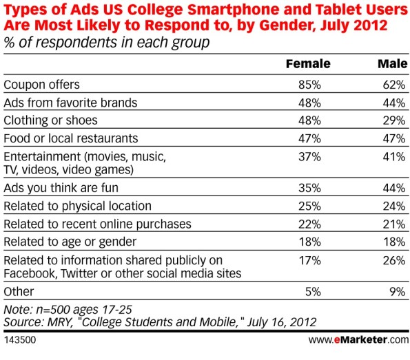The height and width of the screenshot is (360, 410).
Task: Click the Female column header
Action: pyautogui.click(x=308, y=64)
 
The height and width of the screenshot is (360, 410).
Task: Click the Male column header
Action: pyautogui.click(x=393, y=64)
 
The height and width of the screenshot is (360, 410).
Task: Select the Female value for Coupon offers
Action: pyautogui.click(x=309, y=85)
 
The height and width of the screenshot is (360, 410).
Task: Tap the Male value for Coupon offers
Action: pyautogui.click(x=394, y=85)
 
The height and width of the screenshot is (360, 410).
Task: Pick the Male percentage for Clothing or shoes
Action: pyautogui.click(x=394, y=120)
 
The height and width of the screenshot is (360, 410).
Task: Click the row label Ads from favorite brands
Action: pyautogui.click(x=70, y=103)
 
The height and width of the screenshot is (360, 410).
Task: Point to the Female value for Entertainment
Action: pyautogui.click(x=309, y=157)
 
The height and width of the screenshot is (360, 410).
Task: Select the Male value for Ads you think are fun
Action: pyautogui.click(x=394, y=188)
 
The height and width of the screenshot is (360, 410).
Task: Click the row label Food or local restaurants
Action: pyautogui.click(x=71, y=138)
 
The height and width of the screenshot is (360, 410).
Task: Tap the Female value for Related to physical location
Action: pyautogui.click(x=309, y=206)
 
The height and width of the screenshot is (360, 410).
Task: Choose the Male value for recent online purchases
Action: pyautogui.click(x=394, y=224)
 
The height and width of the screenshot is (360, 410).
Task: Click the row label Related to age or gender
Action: pyautogui.click(x=70, y=242)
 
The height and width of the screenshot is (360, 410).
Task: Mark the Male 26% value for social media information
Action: pyautogui.click(x=394, y=260)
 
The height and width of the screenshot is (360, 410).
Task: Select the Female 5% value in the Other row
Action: pyautogui.click(x=313, y=292)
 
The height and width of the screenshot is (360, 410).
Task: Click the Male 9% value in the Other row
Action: pyautogui.click(x=398, y=292)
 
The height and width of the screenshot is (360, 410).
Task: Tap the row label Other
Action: pyautogui.click(x=19, y=292)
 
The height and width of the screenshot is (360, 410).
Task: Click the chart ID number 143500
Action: pyautogui.click(x=20, y=340)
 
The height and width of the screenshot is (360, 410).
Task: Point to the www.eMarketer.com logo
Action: pyautogui.click(x=358, y=340)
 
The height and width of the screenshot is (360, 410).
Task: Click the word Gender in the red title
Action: pyautogui.click(x=287, y=25)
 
